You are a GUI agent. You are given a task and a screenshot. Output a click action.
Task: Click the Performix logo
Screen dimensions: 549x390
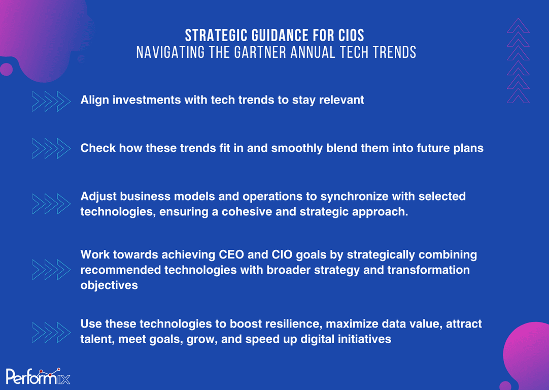(x=38, y=376)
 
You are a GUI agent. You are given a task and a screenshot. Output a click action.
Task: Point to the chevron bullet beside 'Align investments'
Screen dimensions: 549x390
(x=51, y=101)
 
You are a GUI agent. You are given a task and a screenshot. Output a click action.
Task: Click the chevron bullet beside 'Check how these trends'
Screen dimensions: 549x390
(x=51, y=148)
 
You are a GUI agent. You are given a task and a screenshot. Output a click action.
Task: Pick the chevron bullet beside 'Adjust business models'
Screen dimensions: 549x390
(x=51, y=204)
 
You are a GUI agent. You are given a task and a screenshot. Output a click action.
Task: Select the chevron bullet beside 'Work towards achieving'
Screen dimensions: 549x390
(x=51, y=270)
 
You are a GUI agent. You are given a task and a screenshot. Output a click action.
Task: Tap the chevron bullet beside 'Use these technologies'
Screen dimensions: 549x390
(x=51, y=332)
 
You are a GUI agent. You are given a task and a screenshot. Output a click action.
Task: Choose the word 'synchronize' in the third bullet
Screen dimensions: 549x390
(x=354, y=197)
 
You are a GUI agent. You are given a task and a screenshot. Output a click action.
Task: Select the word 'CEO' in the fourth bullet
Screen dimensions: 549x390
(x=231, y=254)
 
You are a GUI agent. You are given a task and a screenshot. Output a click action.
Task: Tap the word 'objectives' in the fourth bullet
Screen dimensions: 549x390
(x=109, y=285)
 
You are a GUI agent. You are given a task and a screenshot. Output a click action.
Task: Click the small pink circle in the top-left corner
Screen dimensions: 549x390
(x=6, y=70)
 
